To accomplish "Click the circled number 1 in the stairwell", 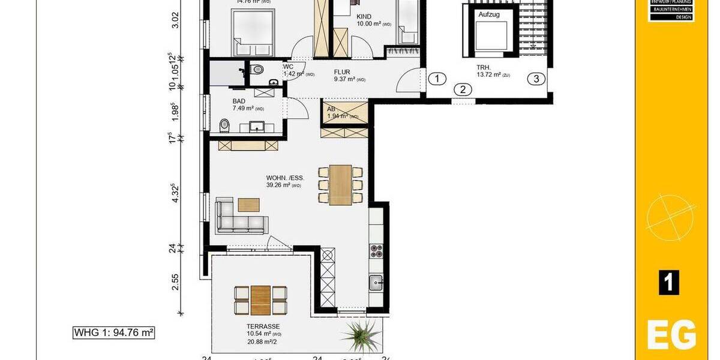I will click(439, 79).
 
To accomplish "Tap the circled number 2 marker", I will click(463, 91).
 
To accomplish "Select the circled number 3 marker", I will click(536, 79).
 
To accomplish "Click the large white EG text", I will click(671, 335).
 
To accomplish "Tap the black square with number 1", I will click(669, 283).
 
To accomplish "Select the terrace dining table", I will click(260, 299).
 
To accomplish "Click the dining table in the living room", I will click(340, 185).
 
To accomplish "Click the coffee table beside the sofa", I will click(249, 205).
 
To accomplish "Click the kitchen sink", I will click(376, 281).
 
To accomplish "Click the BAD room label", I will click(239, 101).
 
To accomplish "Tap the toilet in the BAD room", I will click(225, 125).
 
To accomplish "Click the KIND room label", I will click(364, 16).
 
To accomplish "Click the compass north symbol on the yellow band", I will click(671, 215).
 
